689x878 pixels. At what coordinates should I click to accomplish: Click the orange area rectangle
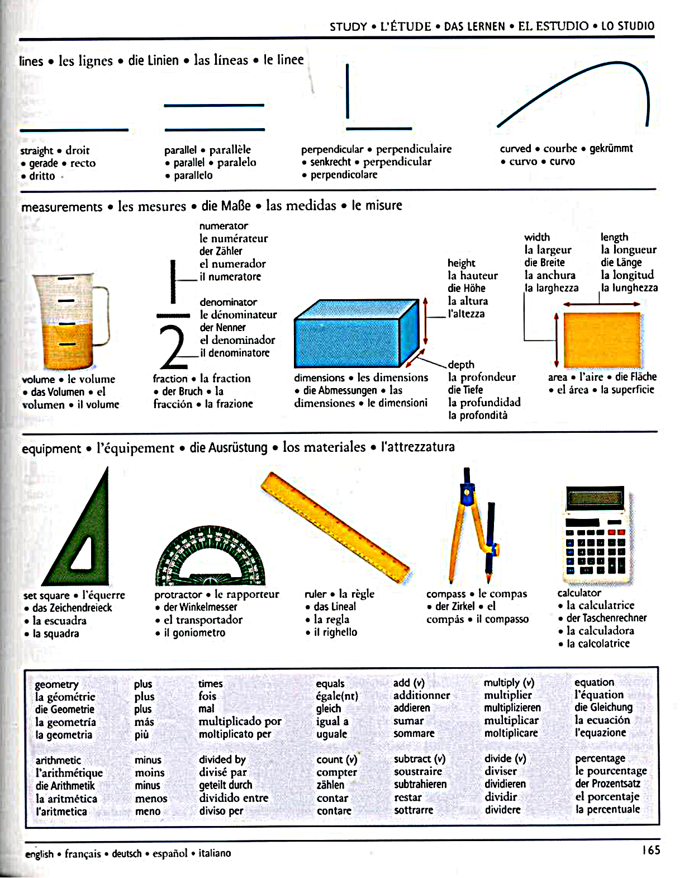pos(601,339)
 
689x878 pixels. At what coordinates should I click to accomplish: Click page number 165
pos(650,850)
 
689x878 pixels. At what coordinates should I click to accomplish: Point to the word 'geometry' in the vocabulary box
pos(56,685)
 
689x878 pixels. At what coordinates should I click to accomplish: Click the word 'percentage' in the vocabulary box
pos(600,758)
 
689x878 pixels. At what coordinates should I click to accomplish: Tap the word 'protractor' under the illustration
pos(178,594)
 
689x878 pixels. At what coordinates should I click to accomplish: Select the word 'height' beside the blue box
pos(461,263)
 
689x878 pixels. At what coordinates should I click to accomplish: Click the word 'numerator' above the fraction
pos(224,226)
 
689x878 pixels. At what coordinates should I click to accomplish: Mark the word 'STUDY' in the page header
pos(348,27)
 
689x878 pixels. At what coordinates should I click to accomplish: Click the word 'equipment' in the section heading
pos(51,449)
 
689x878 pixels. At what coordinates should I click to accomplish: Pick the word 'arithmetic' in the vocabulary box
pos(58,761)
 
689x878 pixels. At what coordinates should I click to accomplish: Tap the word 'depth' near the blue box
pos(461,365)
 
